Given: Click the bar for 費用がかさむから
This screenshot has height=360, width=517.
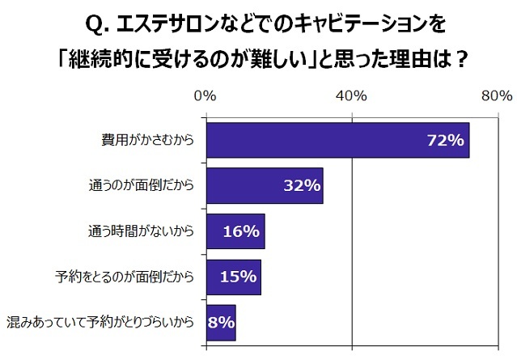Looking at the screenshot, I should coord(337,140).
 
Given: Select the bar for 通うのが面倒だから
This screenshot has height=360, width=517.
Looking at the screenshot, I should coord(265,186).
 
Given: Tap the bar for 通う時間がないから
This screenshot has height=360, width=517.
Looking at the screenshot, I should coord(235,231).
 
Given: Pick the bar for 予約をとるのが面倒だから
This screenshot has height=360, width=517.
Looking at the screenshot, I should coord(234,277).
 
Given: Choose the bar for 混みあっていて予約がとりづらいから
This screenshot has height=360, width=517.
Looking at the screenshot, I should coord(221,323).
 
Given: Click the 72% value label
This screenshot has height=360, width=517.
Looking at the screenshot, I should coord(444,141).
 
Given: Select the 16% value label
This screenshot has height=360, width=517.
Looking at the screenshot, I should coord(240,232).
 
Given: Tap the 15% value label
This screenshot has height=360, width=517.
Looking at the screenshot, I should coord(238,277).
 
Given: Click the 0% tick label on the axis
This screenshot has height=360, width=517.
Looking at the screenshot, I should coord(206,95).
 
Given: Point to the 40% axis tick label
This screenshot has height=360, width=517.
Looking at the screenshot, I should coord(353,95).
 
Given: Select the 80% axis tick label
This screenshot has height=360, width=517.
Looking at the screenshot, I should coord(495,95).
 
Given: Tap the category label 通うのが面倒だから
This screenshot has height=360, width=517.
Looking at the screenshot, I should coord(140,186).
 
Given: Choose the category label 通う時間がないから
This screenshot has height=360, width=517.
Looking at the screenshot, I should coord(140,232).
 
